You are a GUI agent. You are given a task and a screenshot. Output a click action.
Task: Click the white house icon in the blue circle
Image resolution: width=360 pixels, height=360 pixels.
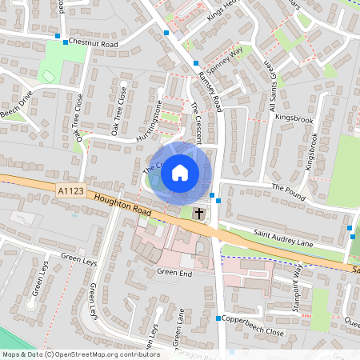click(x=180, y=172)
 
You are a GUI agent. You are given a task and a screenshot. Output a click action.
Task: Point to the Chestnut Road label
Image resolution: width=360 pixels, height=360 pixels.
click(x=93, y=42)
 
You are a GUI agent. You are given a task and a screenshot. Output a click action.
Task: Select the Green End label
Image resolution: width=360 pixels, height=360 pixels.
click(x=175, y=272)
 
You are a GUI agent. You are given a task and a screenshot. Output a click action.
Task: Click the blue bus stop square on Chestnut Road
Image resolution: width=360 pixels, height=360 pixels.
click(x=57, y=37)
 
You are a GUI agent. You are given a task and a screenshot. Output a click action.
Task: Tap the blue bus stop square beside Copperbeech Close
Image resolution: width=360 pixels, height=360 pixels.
click(x=218, y=319)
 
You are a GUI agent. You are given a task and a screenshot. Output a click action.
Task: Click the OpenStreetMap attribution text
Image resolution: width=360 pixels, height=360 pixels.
click(x=80, y=354)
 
